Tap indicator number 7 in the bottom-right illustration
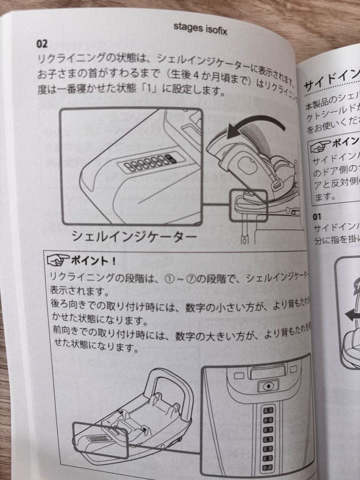[x=268, y=468]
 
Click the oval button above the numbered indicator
[x=268, y=386]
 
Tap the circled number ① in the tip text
[x=168, y=278]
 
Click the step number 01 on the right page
[x=317, y=217]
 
